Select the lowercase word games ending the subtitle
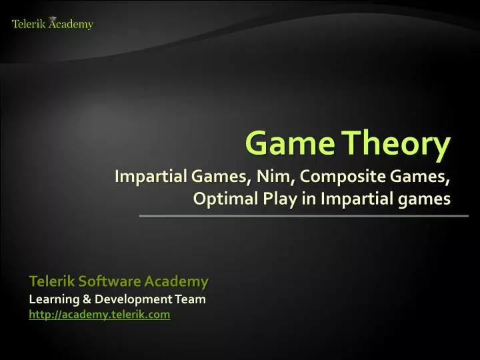(x=423, y=199)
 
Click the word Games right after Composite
(x=417, y=178)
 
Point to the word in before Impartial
(x=311, y=199)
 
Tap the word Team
(x=191, y=299)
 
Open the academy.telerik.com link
(x=99, y=314)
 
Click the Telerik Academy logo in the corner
(x=52, y=24)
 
